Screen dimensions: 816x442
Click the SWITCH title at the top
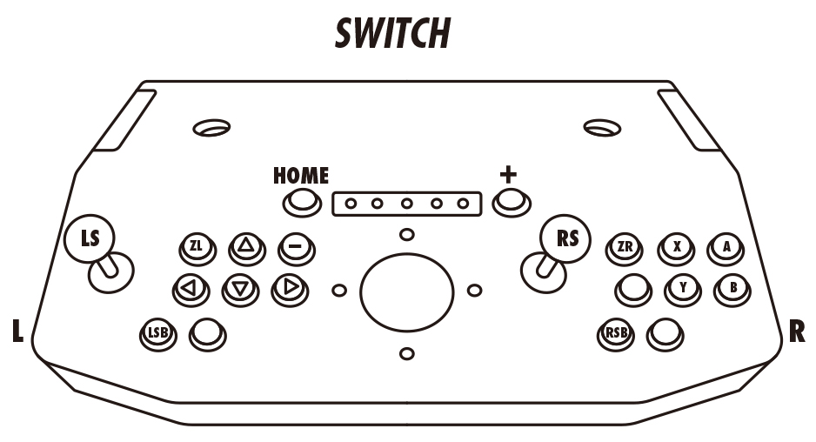pyautogui.click(x=393, y=33)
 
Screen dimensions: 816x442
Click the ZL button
pyautogui.click(x=197, y=247)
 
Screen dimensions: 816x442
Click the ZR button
pyautogui.click(x=624, y=247)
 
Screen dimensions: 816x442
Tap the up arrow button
pyautogui.click(x=244, y=247)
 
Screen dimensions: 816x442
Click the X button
pyautogui.click(x=676, y=247)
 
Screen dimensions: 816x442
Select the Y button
pyautogui.click(x=682, y=287)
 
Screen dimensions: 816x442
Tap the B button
pyautogui.click(x=732, y=287)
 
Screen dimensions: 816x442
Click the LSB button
pyautogui.click(x=157, y=332)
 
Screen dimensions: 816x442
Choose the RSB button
pyautogui.click(x=617, y=332)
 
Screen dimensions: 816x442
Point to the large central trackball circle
pyautogui.click(x=406, y=292)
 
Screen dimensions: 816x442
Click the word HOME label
pyautogui.click(x=301, y=176)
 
